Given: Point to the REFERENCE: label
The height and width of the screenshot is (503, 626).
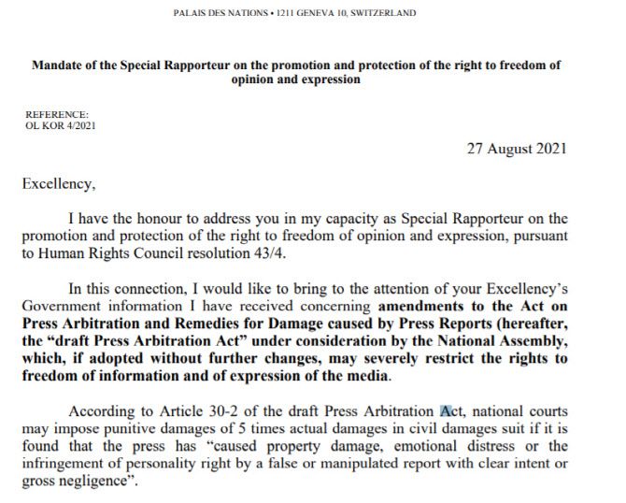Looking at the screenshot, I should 57,113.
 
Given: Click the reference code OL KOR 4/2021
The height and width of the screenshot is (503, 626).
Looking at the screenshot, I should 61,124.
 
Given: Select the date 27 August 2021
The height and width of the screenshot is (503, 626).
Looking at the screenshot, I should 516,150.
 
